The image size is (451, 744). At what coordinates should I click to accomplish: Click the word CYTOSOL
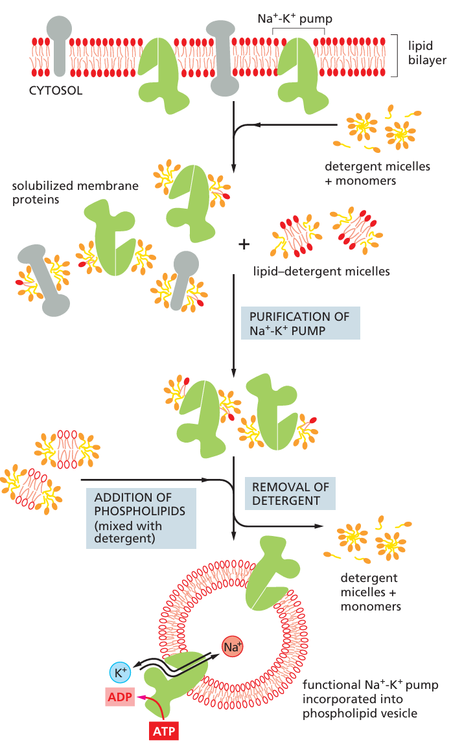(x=56, y=91)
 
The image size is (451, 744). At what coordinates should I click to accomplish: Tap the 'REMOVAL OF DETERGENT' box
(x=290, y=494)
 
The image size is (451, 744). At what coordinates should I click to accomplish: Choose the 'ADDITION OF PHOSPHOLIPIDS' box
(x=141, y=518)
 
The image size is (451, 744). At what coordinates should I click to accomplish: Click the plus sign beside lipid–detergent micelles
(x=244, y=244)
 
